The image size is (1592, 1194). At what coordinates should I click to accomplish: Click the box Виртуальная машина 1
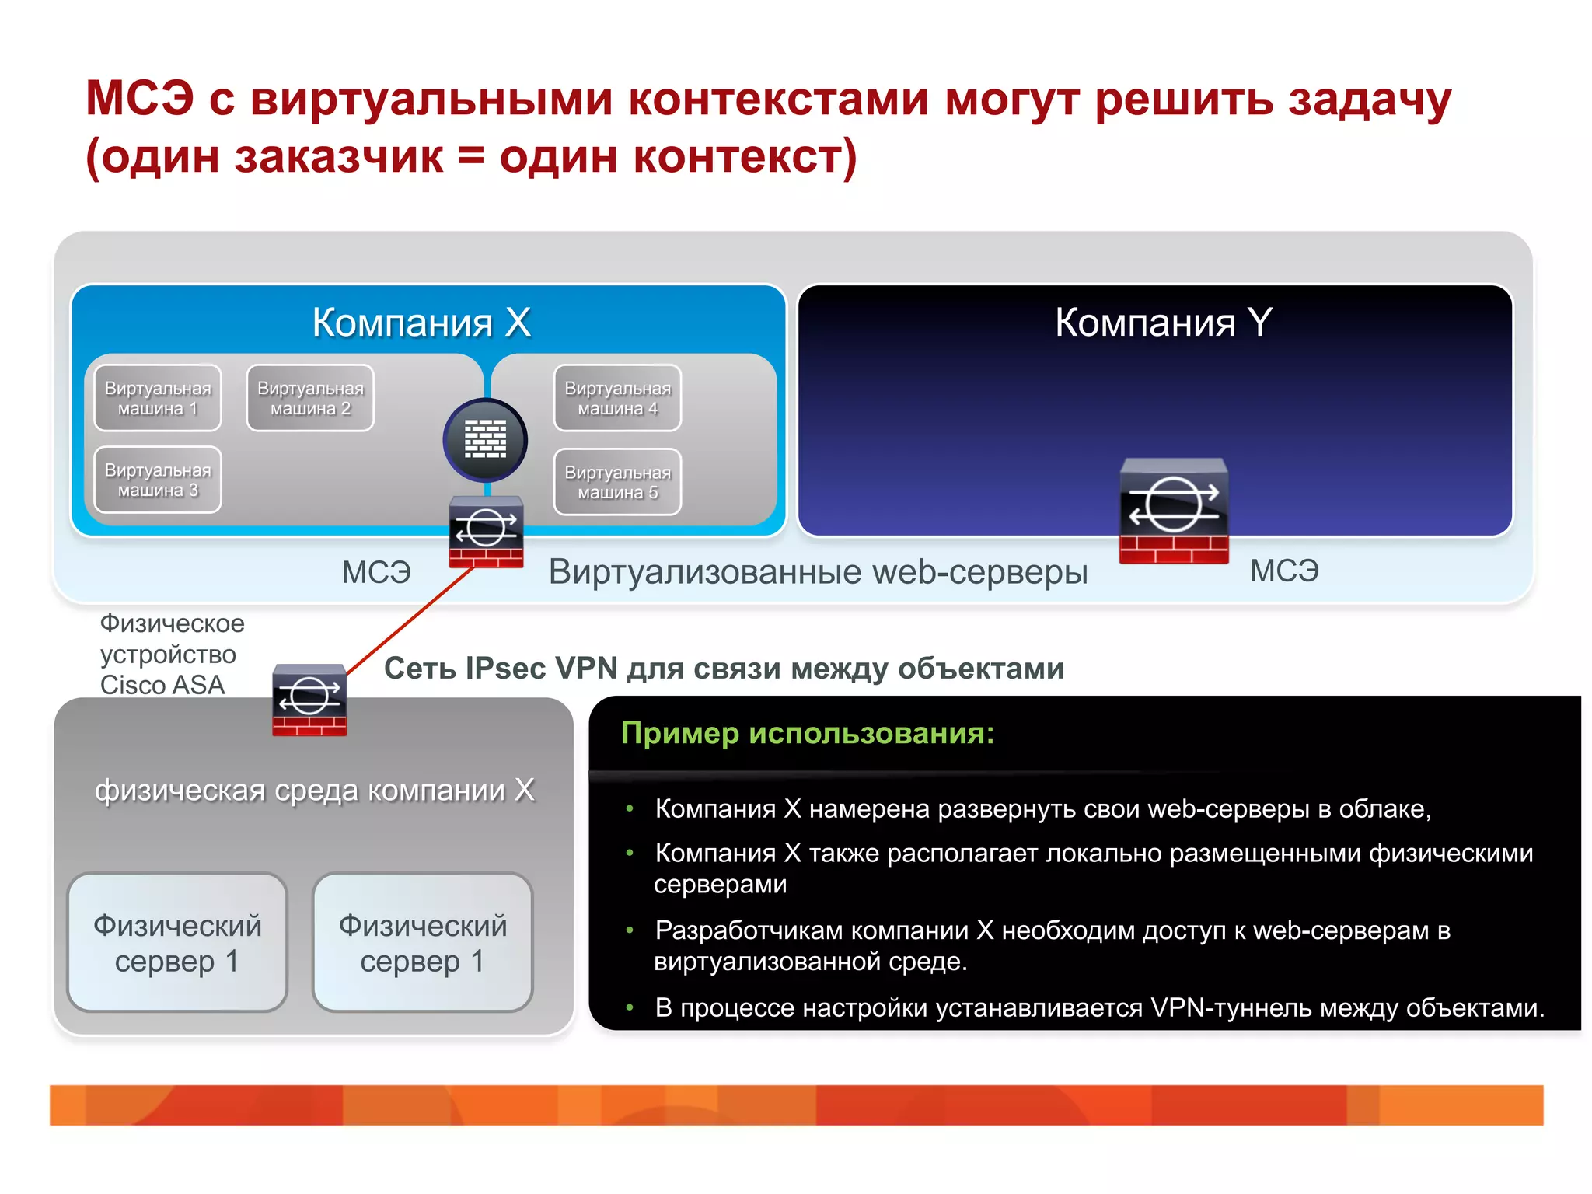click(158, 398)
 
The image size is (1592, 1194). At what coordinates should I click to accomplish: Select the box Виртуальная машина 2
click(310, 398)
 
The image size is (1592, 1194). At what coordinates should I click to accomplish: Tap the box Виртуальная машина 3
click(158, 480)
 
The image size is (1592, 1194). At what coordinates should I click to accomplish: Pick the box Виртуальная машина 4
click(617, 398)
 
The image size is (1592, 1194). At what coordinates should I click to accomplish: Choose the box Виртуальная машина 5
click(617, 482)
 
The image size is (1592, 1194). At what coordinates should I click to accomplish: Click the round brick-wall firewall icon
click(485, 440)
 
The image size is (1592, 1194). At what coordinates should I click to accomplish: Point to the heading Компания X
click(421, 322)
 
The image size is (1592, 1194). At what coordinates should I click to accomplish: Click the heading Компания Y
click(1163, 322)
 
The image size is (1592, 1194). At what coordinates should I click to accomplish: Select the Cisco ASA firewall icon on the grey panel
click(309, 700)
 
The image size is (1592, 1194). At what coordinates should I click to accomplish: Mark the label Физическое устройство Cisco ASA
click(171, 654)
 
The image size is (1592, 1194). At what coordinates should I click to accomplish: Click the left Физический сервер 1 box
click(177, 943)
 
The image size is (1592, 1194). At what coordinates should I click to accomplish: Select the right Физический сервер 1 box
click(422, 943)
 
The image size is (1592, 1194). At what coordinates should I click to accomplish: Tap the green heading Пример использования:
click(808, 733)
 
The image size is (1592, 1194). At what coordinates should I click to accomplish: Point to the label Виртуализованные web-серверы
click(818, 572)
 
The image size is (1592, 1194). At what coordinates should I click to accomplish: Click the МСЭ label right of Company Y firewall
click(1284, 571)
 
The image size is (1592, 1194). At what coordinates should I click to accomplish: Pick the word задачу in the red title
click(1369, 101)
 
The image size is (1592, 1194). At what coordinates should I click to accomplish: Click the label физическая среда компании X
click(315, 790)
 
